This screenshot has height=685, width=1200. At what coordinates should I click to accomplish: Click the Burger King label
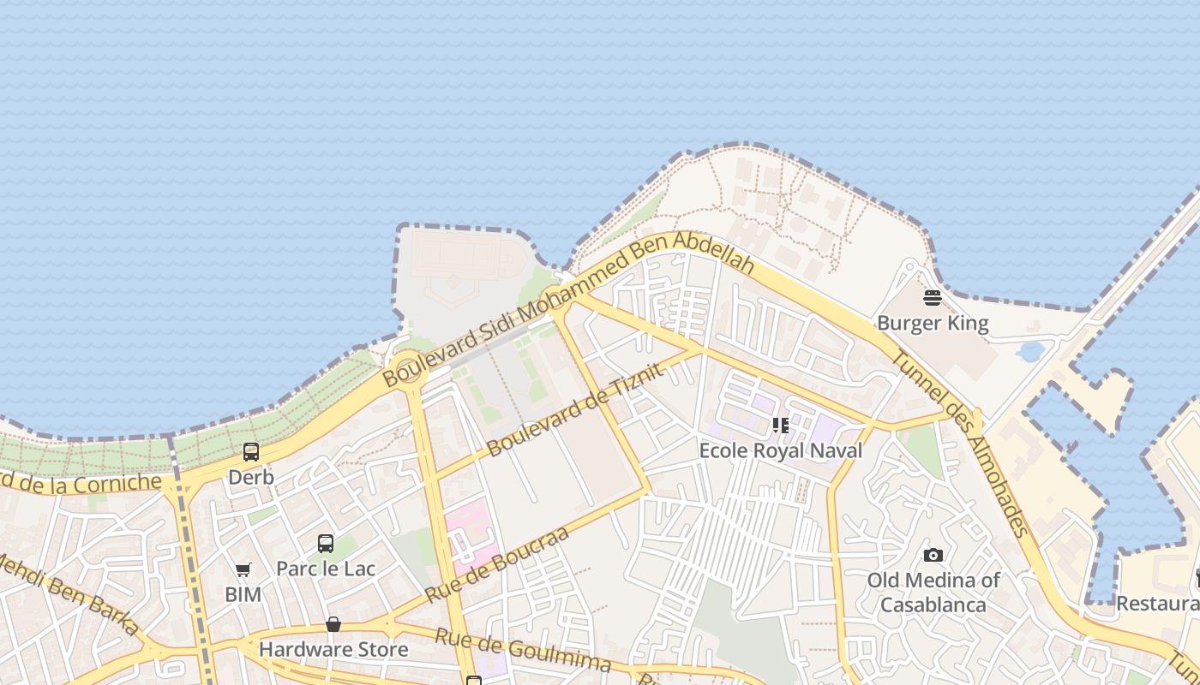(x=933, y=324)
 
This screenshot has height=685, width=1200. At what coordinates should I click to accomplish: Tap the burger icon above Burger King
(x=933, y=298)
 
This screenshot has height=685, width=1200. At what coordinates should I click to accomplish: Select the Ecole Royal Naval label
(x=780, y=450)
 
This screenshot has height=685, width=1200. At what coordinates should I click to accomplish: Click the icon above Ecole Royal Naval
(x=780, y=425)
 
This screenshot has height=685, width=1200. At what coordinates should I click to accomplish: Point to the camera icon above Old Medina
(x=933, y=555)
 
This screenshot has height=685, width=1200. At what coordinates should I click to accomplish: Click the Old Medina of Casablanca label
(x=933, y=593)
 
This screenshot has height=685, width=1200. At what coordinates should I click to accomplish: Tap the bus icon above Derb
(x=251, y=451)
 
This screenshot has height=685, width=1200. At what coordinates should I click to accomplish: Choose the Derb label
(x=251, y=477)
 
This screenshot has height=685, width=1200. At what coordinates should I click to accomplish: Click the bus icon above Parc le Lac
(x=326, y=543)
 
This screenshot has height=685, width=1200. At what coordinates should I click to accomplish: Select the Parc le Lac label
(x=326, y=569)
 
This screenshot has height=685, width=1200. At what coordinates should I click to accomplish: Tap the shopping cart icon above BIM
(x=243, y=569)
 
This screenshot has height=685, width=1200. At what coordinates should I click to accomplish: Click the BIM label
(x=243, y=594)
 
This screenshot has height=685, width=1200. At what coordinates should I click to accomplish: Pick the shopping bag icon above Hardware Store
(x=333, y=624)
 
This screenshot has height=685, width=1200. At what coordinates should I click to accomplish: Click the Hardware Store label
(x=333, y=649)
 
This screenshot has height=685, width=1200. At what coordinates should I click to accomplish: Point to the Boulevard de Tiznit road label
(x=575, y=409)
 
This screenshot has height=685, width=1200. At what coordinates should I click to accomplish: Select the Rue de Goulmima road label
(x=523, y=650)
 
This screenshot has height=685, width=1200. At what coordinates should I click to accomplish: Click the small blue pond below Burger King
(x=1029, y=351)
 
